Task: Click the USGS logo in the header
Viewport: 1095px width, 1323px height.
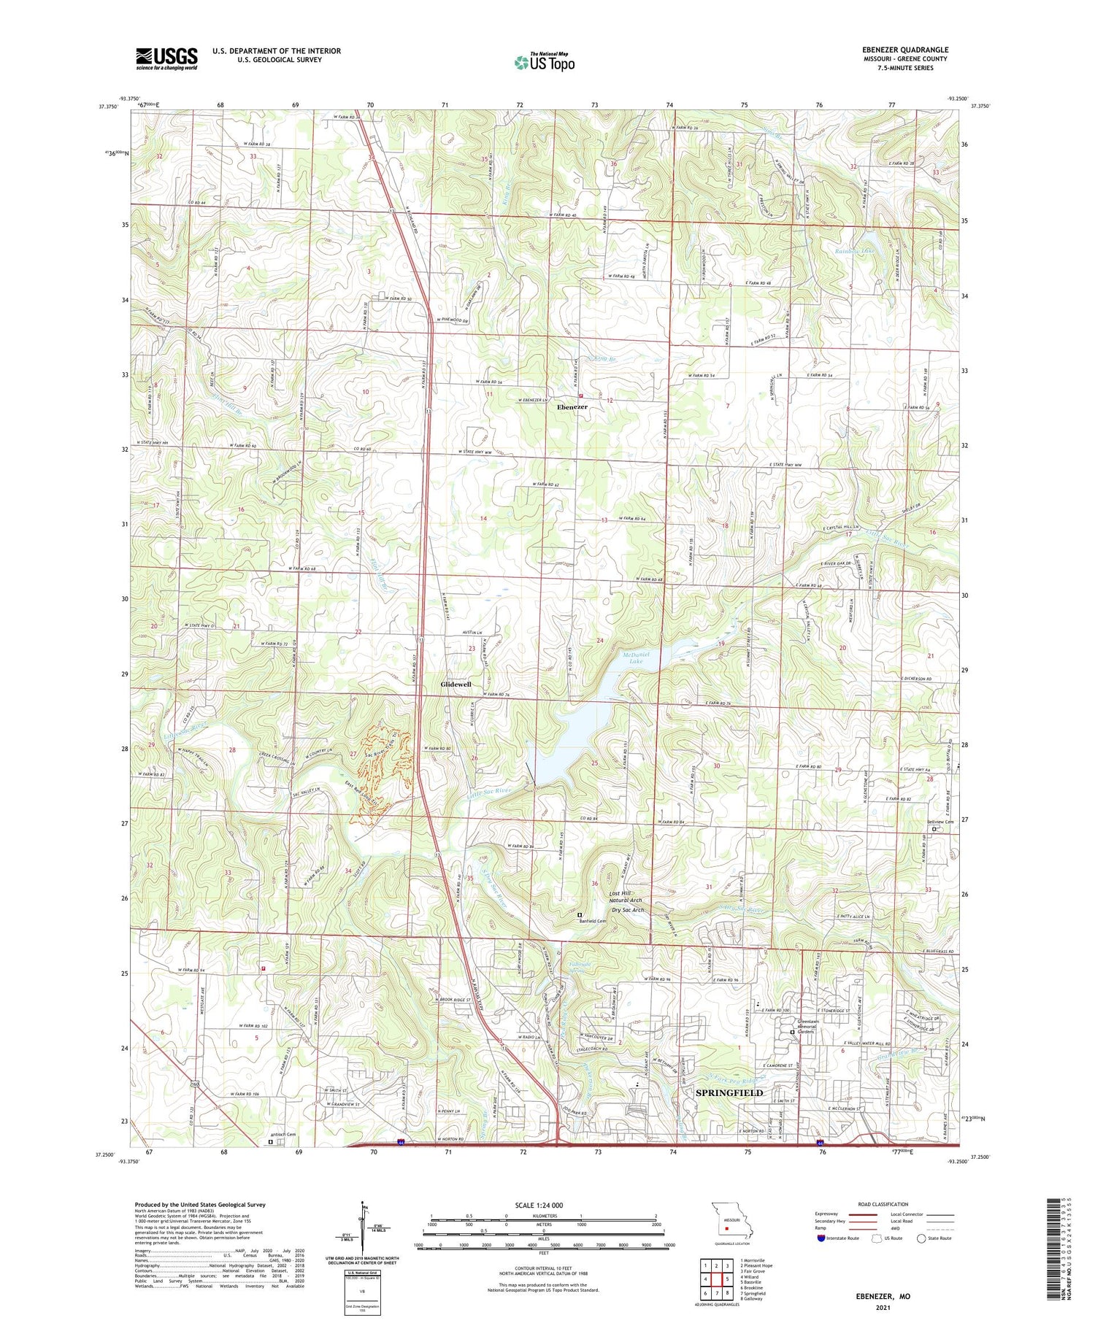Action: click(166, 58)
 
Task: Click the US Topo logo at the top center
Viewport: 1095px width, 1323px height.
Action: click(544, 62)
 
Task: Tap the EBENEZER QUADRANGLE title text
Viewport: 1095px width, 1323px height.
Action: click(904, 50)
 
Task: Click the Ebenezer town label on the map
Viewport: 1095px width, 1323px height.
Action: click(572, 407)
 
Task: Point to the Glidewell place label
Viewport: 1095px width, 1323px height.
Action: click(456, 685)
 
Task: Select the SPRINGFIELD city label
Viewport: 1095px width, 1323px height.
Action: click(729, 1092)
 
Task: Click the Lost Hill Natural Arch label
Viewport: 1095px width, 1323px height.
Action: click(626, 898)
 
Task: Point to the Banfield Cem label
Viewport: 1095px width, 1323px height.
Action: click(593, 921)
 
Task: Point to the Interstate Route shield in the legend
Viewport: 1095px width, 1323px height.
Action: click(821, 1238)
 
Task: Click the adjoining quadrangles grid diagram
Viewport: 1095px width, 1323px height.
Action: click(717, 1279)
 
